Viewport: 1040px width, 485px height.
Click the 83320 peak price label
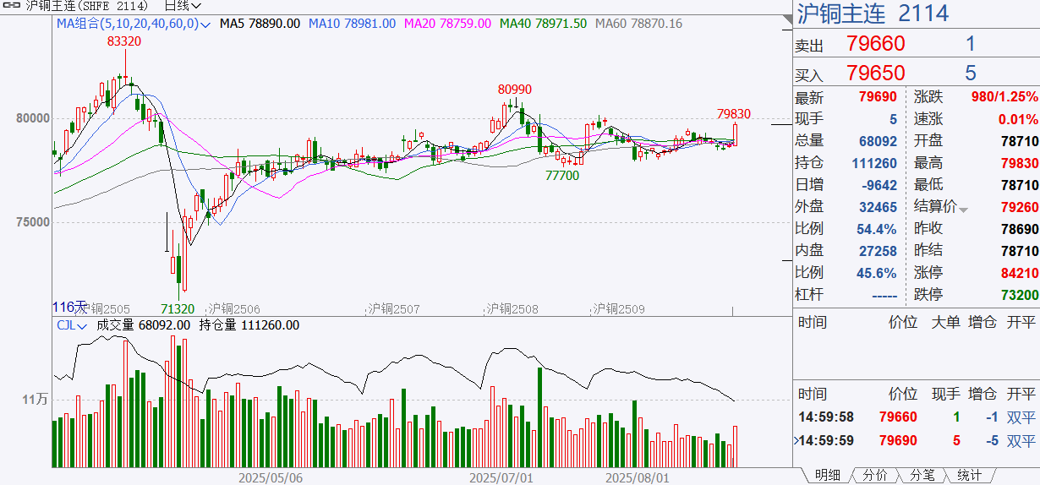tap(123, 41)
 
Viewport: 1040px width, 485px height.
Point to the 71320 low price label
tap(178, 309)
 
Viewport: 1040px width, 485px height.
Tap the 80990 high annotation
tap(515, 90)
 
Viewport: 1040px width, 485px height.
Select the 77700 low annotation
tap(562, 175)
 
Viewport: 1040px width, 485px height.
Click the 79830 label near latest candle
tap(733, 114)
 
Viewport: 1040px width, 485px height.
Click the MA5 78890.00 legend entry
tap(260, 24)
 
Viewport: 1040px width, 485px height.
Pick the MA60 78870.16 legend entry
tap(638, 24)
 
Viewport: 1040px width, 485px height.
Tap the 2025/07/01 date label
tap(502, 477)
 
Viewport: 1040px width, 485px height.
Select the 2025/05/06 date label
tap(271, 477)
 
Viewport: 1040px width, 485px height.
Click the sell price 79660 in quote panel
tap(875, 44)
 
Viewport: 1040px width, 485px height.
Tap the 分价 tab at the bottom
tap(874, 476)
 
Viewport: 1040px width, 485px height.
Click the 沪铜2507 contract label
tap(394, 309)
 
